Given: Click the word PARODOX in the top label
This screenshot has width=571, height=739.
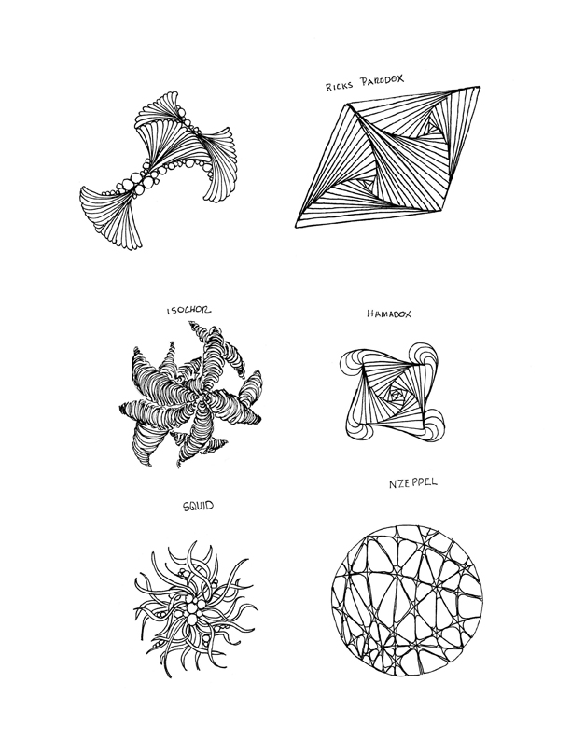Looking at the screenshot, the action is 383,80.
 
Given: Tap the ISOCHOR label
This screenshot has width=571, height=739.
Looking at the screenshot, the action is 188,310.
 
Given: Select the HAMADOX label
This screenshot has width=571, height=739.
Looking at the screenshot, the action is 389,314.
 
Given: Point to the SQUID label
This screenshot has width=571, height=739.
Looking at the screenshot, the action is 198,506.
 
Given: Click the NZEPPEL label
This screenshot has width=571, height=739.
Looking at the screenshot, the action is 413,483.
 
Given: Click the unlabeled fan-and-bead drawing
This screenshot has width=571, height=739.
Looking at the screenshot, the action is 157,170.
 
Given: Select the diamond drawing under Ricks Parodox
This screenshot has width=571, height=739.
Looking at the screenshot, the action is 387,157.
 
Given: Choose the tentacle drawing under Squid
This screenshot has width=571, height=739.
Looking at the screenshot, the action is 196,609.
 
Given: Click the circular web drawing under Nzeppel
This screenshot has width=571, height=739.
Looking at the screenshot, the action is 407,601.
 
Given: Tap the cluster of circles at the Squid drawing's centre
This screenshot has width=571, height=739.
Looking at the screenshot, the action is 193,611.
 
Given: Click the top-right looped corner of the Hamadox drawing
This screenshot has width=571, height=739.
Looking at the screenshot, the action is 424,358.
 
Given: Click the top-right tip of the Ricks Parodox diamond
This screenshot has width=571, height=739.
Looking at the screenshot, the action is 480,87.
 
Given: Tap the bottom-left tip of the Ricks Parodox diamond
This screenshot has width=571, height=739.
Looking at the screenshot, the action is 296,227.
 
